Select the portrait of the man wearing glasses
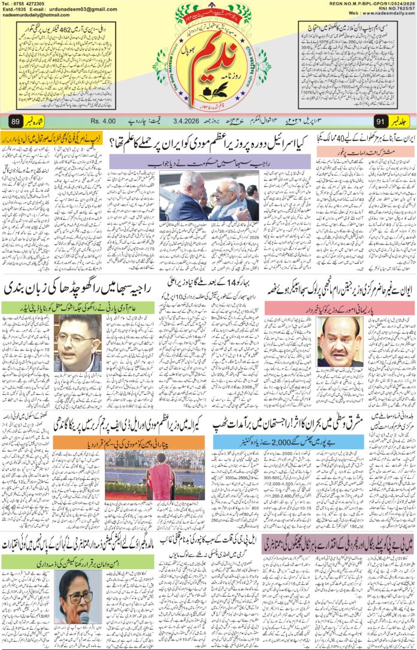click(77, 343)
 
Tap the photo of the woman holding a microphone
click(76, 597)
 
